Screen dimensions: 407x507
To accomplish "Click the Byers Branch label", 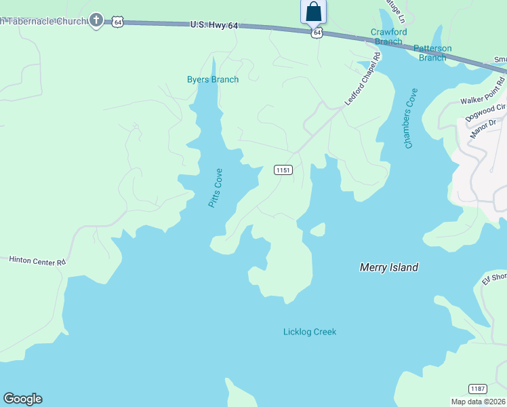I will pyautogui.click(x=213, y=79).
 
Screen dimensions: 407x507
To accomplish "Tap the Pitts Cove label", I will pyautogui.click(x=216, y=188).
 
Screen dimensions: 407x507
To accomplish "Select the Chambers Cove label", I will pyautogui.click(x=410, y=119).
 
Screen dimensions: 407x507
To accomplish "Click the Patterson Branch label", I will pyautogui.click(x=432, y=53).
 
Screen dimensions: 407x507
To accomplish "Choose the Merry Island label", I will pyautogui.click(x=388, y=267).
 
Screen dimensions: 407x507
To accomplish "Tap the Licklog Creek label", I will pyautogui.click(x=309, y=332).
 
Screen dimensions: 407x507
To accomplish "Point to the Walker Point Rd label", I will pyautogui.click(x=483, y=100).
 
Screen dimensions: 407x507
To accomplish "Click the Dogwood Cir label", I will pyautogui.click(x=486, y=112).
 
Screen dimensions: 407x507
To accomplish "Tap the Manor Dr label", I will pyautogui.click(x=483, y=125).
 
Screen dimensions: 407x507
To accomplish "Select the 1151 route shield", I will pyautogui.click(x=284, y=170).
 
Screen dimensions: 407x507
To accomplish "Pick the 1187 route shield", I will pyautogui.click(x=477, y=389).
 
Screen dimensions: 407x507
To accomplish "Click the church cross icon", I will pyautogui.click(x=97, y=20).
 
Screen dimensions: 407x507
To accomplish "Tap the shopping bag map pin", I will pyautogui.click(x=313, y=12).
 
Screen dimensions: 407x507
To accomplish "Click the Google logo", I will pyautogui.click(x=22, y=399).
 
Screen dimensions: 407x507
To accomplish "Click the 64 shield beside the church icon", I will pyautogui.click(x=118, y=22).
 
